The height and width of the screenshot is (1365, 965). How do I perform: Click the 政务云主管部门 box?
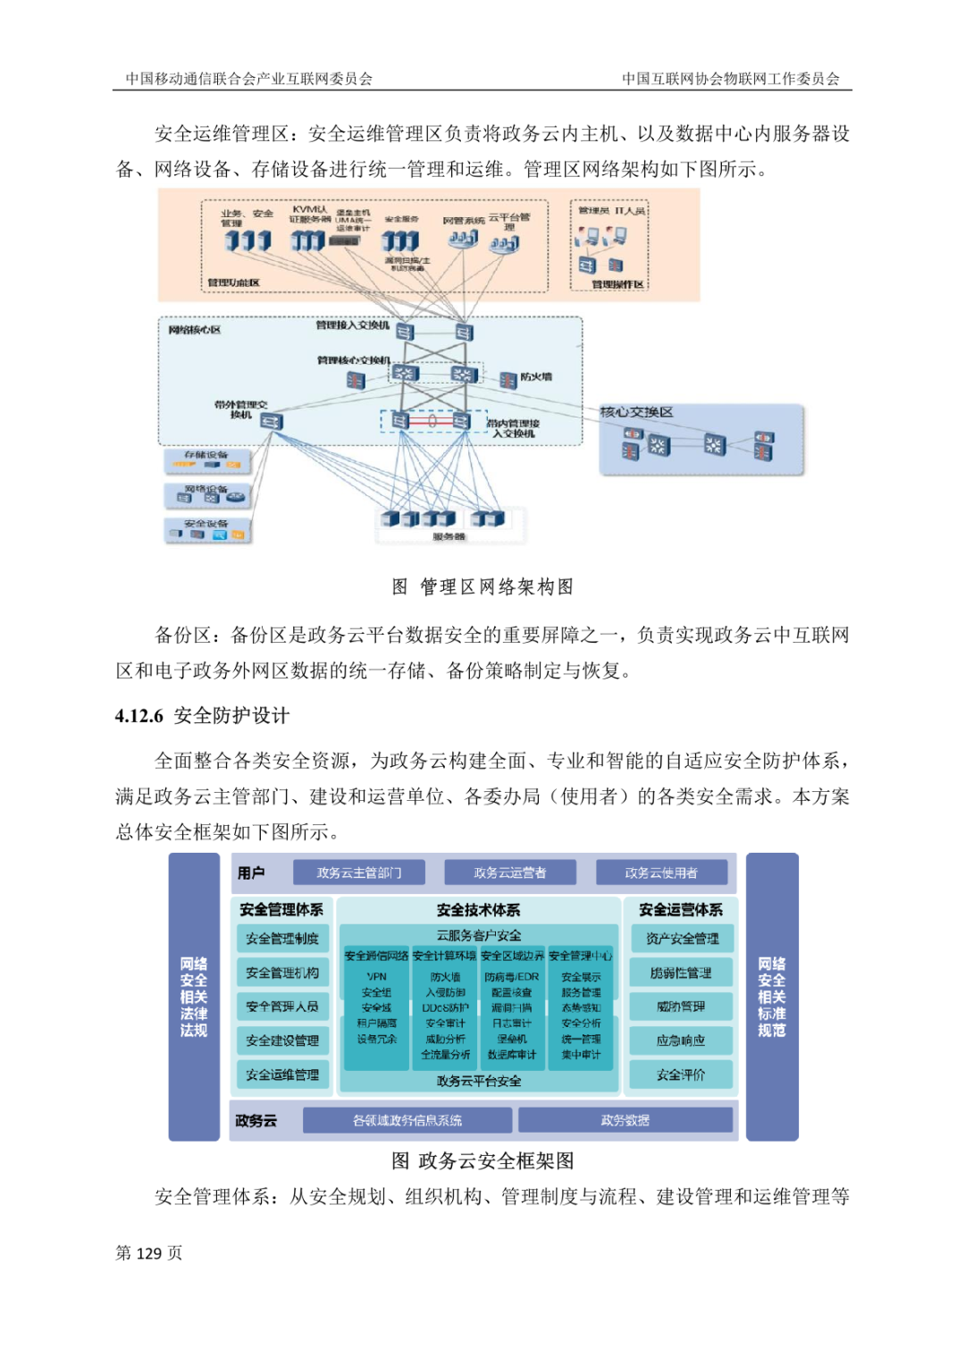click(x=358, y=872)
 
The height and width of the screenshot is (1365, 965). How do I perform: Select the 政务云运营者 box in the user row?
click(x=509, y=872)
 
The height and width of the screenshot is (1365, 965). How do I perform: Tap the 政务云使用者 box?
click(x=661, y=872)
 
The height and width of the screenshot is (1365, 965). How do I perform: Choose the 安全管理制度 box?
click(x=282, y=939)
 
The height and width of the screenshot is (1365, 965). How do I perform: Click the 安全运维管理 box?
click(x=282, y=1074)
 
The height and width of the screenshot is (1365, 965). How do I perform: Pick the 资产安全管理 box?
click(x=682, y=939)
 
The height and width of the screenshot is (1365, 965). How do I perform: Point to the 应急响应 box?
click(x=681, y=1041)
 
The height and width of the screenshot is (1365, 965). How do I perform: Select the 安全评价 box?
click(x=681, y=1074)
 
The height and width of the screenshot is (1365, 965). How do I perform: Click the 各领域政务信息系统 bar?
click(x=407, y=1120)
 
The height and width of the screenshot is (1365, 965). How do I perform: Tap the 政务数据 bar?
click(x=625, y=1120)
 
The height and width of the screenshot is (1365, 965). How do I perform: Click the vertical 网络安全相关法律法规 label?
click(x=194, y=997)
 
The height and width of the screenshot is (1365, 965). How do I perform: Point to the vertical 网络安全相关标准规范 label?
click(x=772, y=997)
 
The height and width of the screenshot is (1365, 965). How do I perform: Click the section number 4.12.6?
click(x=139, y=716)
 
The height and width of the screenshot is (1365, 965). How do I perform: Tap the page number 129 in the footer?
click(x=148, y=1253)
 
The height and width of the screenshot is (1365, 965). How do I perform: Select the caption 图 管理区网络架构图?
click(x=482, y=587)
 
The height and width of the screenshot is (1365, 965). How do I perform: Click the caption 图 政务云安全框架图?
click(x=482, y=1161)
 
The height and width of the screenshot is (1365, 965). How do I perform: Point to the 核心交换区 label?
click(x=636, y=412)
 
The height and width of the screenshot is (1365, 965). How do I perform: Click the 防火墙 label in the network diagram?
click(x=536, y=377)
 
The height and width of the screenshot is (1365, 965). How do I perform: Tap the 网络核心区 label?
click(x=195, y=330)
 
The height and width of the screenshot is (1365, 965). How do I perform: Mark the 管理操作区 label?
click(x=617, y=284)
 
